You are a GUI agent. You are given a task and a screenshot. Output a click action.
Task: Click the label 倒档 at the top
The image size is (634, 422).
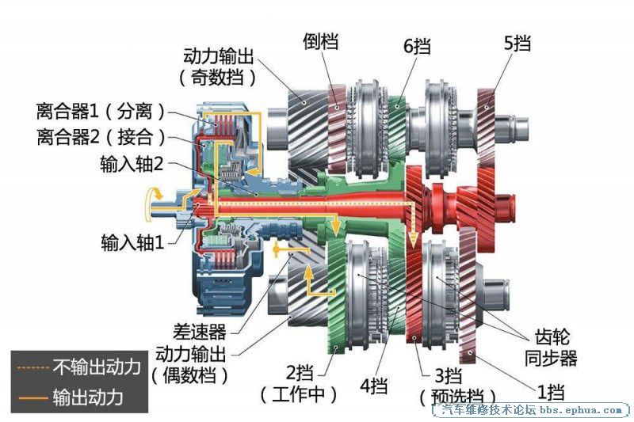tap(320, 41)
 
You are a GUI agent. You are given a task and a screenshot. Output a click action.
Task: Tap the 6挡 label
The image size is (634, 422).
tap(417, 47)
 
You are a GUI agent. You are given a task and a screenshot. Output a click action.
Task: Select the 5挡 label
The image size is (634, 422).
tap(518, 44)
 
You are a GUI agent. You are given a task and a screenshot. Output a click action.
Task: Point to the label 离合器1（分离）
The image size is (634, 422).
tap(101, 111)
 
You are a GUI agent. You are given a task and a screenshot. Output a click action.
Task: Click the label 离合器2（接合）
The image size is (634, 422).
tap(101, 136)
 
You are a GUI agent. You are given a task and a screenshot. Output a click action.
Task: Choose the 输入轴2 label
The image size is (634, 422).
tap(132, 164)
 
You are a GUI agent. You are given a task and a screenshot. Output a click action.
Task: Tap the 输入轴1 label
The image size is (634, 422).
tap(132, 243)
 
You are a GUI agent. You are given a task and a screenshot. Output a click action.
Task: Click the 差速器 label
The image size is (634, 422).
tap(200, 332)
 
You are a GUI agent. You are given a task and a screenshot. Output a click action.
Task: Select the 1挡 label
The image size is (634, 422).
tap(551, 392)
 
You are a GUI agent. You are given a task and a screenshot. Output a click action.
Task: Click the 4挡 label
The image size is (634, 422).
tap(374, 386)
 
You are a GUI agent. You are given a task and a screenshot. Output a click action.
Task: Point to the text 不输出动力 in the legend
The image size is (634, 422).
tap(97, 367)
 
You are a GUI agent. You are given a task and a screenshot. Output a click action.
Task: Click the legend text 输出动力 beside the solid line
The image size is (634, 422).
tap(88, 397)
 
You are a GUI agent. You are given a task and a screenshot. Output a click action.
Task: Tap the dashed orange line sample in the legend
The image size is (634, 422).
tap(32, 368)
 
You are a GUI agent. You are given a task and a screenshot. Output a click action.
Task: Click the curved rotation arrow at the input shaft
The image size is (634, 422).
tap(152, 203)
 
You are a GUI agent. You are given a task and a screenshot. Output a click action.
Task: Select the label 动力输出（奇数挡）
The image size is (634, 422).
tap(217, 67)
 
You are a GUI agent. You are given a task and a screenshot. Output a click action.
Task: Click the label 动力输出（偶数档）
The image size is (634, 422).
tap(189, 365)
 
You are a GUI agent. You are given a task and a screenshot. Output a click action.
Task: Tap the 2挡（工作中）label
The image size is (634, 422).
tap(299, 383)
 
